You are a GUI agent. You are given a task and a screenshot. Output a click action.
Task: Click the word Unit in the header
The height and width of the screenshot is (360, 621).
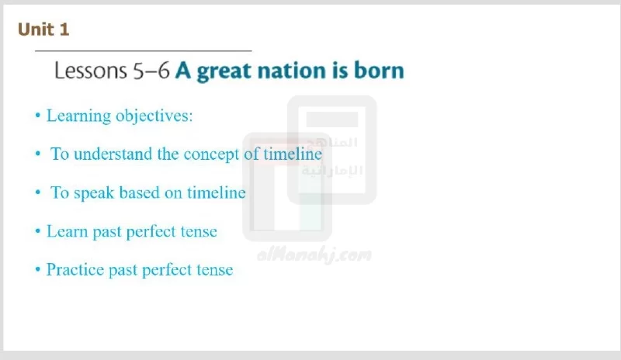[x=36, y=29]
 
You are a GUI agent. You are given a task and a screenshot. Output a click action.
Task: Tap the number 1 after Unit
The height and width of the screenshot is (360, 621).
[x=64, y=29]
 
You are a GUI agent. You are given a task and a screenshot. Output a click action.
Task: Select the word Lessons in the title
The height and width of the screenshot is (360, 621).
[x=90, y=71]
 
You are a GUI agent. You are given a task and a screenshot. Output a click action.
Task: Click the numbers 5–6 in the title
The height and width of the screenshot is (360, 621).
[x=151, y=71]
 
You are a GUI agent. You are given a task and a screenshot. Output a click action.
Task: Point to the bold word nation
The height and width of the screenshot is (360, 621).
[x=292, y=71]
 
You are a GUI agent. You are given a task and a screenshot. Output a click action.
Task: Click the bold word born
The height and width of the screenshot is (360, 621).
[x=379, y=70]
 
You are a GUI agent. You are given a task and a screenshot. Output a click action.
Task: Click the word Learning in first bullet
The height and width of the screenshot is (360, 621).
[x=79, y=116]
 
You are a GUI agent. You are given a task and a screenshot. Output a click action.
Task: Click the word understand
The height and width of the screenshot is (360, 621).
[x=113, y=154]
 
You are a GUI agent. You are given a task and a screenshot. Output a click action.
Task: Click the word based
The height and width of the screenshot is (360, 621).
[x=139, y=192]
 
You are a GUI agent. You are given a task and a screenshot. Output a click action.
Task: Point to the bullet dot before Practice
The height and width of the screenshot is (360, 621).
[x=38, y=269]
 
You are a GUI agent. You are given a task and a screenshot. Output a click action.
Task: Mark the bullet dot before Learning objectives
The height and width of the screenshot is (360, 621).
[x=38, y=116]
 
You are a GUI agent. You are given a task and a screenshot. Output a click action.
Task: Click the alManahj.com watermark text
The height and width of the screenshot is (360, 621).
[x=314, y=254]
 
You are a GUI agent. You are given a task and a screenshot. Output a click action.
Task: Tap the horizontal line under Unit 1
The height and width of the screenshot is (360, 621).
[x=144, y=50]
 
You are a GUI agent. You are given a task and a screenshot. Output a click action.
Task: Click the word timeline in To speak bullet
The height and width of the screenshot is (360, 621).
[x=217, y=192]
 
